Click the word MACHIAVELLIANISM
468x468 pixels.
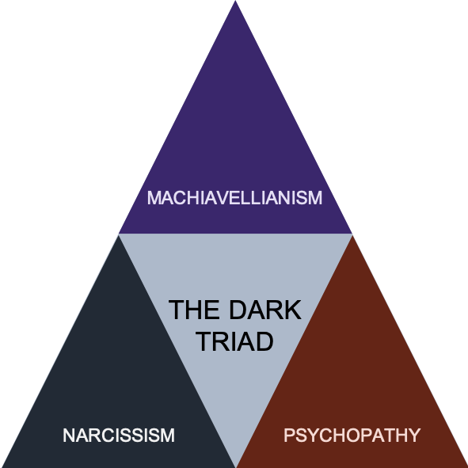pos(234,197)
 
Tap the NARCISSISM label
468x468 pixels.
pos(118,435)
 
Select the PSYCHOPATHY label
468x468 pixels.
pos(351,435)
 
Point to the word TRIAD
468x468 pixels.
pos(234,341)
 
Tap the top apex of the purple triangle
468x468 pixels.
pos(234,3)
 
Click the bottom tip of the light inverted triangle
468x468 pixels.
pos(235,464)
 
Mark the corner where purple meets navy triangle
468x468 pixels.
pos(119,234)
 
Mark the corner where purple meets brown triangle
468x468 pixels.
pos(352,234)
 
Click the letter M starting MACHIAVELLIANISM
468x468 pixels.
pos(154,197)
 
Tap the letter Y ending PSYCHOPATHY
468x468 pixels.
pos(413,435)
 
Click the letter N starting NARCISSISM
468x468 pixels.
pos(69,435)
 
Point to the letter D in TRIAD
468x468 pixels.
pos(265,341)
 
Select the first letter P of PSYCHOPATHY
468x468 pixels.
pos(289,435)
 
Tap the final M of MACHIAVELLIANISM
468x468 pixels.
pos(315,197)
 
